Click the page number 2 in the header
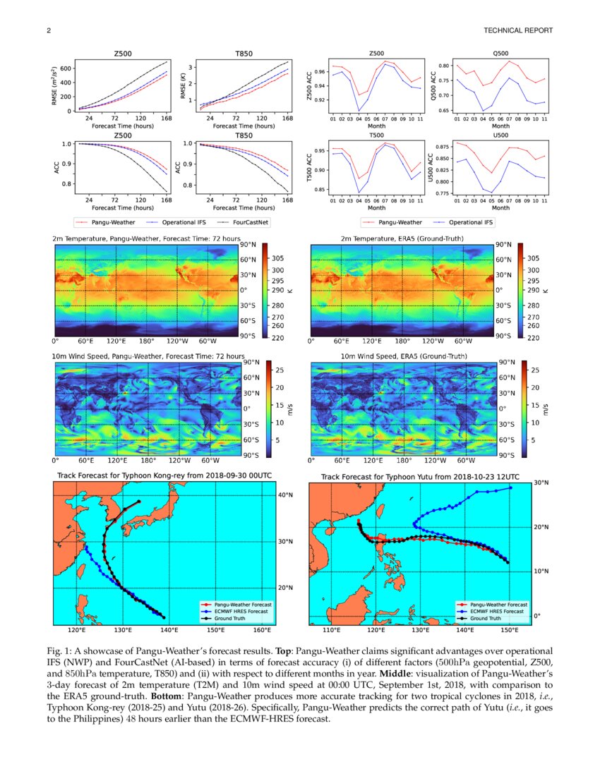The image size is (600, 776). coord(49,30)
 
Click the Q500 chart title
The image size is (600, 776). coord(500,54)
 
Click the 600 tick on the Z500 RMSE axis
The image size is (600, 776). coord(66,68)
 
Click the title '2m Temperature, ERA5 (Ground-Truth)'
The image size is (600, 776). coord(402,238)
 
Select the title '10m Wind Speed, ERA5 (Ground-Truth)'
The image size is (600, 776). coord(402,357)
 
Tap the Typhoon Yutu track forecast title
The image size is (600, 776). coord(419,477)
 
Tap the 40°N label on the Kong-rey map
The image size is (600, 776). coord(286,495)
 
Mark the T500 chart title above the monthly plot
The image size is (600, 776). coord(377,135)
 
